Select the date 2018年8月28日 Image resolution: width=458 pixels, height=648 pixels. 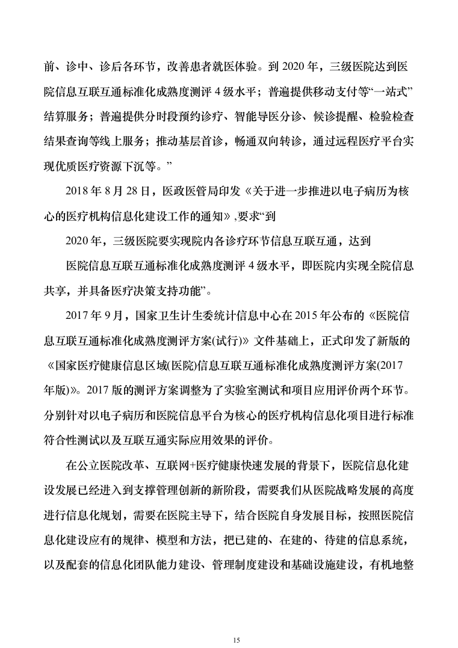(x=111, y=191)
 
